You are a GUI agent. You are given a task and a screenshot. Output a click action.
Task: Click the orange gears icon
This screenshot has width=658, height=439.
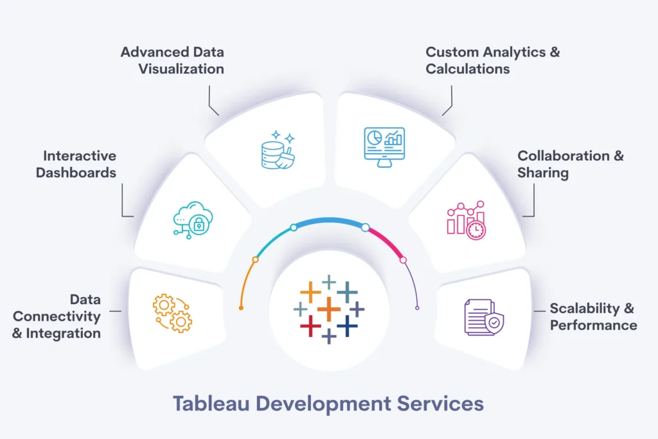[172, 313]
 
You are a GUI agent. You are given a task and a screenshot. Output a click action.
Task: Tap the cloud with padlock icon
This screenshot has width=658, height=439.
[193, 220]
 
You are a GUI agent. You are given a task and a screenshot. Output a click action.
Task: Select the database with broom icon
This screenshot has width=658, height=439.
[278, 150]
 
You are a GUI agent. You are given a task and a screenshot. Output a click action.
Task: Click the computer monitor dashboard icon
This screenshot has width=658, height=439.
[384, 147]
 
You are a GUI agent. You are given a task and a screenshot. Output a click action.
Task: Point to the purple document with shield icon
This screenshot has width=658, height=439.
[484, 318]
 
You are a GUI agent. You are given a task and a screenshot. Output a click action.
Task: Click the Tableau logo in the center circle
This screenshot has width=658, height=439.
[329, 310]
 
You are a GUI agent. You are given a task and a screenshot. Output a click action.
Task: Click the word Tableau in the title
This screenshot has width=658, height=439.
[211, 403]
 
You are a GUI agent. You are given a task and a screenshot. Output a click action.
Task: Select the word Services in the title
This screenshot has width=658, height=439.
[440, 403]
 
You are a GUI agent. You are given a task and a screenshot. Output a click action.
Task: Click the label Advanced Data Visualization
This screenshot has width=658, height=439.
[172, 60]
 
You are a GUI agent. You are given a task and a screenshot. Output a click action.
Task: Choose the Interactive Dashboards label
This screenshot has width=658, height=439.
[76, 164]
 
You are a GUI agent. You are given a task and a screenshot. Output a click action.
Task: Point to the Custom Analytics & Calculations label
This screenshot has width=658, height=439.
[493, 60]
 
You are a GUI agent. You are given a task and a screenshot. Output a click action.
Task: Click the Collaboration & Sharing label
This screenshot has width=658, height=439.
[571, 165]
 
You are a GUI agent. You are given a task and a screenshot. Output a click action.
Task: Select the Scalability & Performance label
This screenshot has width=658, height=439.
[593, 316]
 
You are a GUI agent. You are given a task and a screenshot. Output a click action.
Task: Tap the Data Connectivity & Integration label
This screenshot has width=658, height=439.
[57, 316]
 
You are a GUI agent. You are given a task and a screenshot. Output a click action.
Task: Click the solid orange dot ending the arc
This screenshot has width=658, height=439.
[242, 308]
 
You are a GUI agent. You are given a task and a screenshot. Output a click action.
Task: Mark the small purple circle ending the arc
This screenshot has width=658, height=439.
[417, 308]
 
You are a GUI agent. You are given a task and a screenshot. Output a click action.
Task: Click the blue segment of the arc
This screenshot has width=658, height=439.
[330, 220]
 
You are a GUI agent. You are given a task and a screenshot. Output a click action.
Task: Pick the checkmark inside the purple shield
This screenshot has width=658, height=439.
[494, 323]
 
